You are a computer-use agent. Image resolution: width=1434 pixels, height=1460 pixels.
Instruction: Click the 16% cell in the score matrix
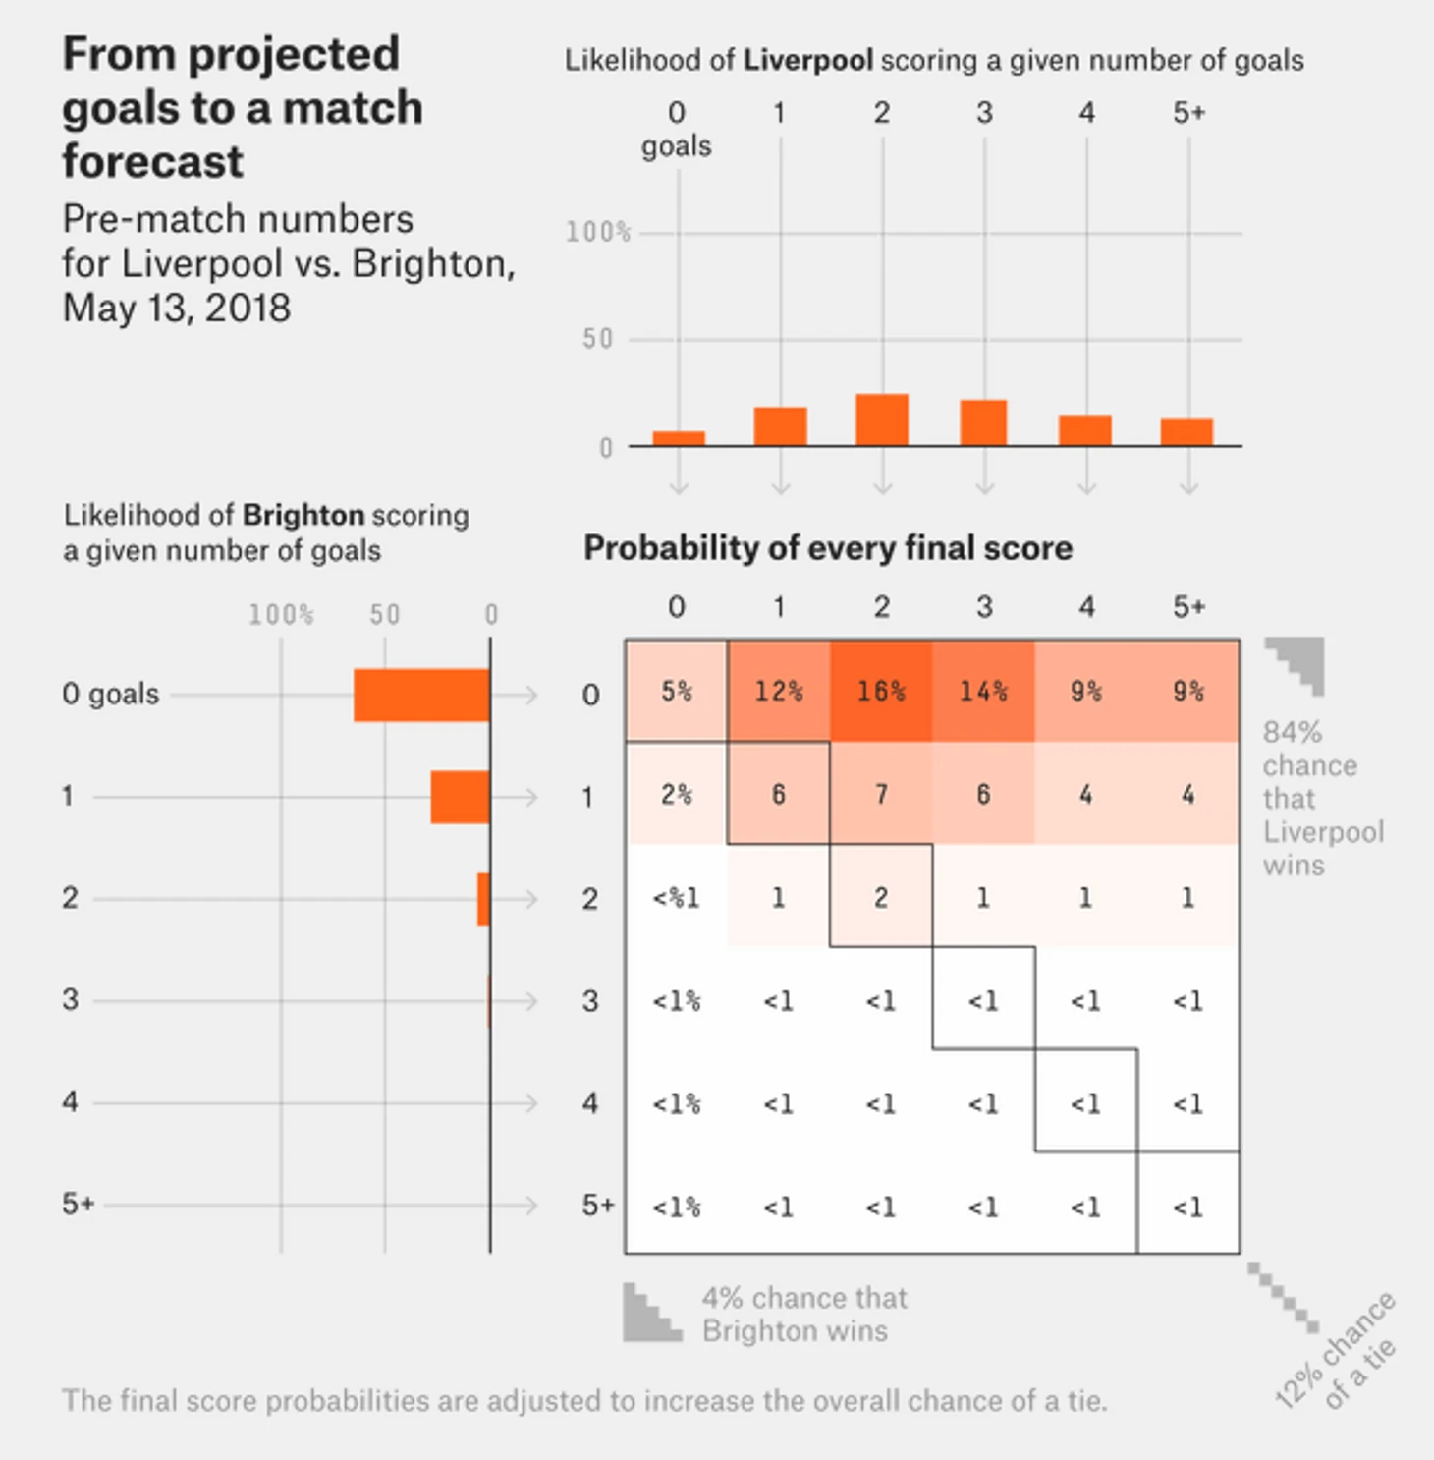pos(881,692)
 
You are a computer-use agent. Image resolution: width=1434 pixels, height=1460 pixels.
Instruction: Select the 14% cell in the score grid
pos(983,692)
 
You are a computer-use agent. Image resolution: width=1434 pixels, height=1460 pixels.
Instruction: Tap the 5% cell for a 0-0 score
pos(677,692)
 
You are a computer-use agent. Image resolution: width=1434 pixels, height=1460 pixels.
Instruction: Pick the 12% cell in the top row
pos(779,692)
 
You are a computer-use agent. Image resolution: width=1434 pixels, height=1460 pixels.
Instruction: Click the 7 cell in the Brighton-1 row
pos(881,794)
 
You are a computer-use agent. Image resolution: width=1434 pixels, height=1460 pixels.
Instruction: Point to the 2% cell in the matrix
pos(677,794)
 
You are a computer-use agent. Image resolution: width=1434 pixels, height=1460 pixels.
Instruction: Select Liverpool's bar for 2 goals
pos(882,421)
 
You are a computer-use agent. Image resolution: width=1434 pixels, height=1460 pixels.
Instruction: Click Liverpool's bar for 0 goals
pos(679,438)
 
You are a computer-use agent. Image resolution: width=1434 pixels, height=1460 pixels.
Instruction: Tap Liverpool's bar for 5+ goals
pos(1186,431)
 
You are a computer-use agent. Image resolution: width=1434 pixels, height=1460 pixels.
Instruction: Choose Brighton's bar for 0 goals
pos(421,696)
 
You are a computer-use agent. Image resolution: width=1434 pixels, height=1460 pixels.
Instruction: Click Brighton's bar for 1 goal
pos(460,797)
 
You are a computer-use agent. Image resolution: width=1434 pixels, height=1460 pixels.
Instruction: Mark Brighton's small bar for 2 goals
pos(483,899)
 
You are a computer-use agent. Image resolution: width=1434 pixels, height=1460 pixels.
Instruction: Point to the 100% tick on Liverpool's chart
pos(597,233)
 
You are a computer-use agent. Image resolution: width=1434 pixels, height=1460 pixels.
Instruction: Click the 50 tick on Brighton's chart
pos(385,615)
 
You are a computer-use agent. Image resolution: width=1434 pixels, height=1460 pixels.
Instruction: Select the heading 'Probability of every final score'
pos(828,548)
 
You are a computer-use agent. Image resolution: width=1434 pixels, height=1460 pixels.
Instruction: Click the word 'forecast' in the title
pos(153,161)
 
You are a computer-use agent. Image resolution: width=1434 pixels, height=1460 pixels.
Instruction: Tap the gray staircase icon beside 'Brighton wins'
pos(651,1314)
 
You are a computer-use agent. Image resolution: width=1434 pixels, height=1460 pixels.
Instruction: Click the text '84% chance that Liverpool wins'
pos(1322,799)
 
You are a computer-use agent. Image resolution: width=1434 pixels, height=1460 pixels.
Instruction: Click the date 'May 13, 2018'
pos(177,309)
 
